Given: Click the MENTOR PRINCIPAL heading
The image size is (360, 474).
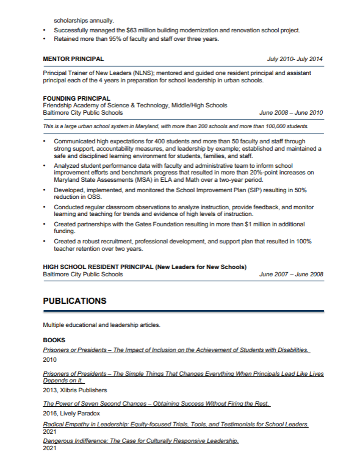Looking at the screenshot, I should [x=73, y=59].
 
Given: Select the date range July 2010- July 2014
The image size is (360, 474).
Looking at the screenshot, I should [x=295, y=59].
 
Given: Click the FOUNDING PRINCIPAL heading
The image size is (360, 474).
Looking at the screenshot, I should [x=76, y=98].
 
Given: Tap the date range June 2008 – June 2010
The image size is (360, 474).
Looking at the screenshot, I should [x=291, y=113].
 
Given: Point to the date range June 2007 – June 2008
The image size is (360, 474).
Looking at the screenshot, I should [x=291, y=275].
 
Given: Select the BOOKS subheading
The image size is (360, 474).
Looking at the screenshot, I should [x=54, y=340].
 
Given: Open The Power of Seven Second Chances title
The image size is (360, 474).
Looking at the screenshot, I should [x=156, y=404].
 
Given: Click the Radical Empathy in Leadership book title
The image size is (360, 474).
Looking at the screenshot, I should [x=176, y=424].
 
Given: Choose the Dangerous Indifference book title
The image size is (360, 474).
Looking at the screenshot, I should [x=140, y=440].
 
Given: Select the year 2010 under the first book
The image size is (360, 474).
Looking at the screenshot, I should [x=49, y=360].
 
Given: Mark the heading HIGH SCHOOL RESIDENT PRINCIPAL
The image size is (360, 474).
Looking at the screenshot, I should [x=98, y=267].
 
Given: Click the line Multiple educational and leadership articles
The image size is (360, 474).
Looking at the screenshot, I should [x=101, y=325].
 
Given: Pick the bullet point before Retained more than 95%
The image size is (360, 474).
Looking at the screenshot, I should [x=46, y=39].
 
